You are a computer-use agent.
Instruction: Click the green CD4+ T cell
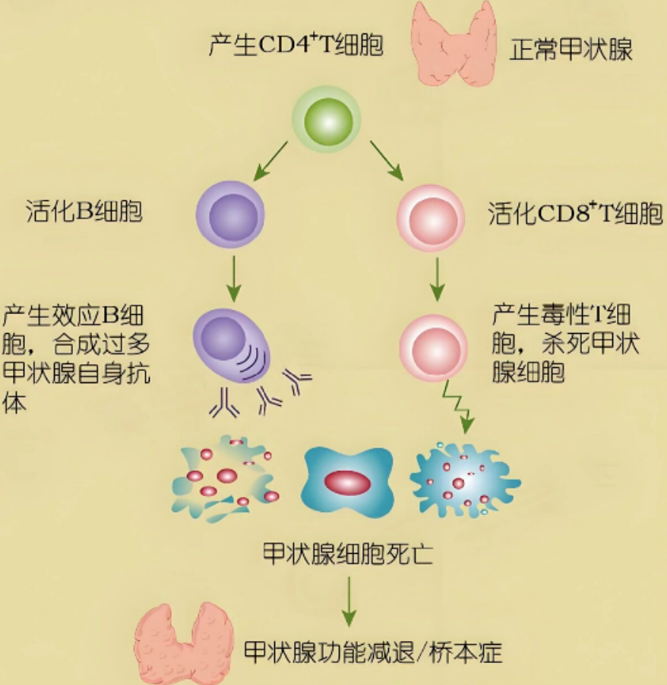[327, 119]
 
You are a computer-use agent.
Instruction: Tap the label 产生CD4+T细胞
[296, 46]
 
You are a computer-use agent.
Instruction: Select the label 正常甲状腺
[571, 49]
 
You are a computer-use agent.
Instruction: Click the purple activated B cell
[230, 215]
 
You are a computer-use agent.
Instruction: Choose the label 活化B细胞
[84, 211]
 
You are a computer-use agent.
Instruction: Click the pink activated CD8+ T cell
[431, 218]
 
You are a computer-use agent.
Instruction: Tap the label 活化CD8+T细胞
[575, 214]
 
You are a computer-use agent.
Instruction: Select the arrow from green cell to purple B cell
[270, 161]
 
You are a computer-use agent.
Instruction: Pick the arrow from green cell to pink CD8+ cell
[387, 160]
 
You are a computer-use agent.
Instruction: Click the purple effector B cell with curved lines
[232, 345]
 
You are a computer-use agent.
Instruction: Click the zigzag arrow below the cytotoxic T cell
[457, 407]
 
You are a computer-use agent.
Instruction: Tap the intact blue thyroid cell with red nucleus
[347, 482]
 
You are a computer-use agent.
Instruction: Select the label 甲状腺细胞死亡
[348, 554]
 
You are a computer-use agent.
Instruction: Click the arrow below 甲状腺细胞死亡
[349, 602]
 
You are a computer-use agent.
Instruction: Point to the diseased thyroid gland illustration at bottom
[184, 643]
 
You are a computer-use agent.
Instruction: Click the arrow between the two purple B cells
[234, 278]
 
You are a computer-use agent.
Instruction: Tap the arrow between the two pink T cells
[437, 279]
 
